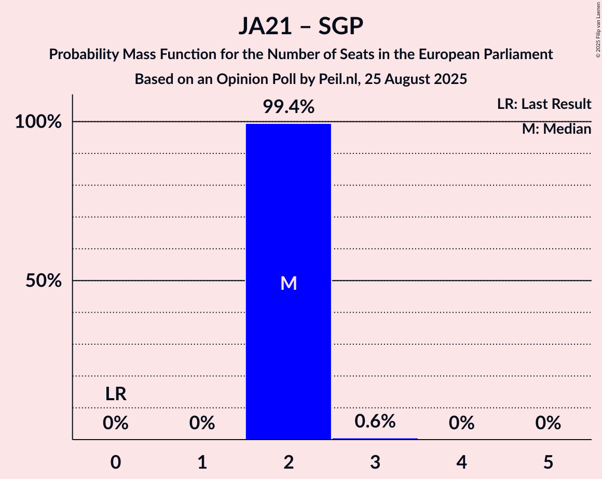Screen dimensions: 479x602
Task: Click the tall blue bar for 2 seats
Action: pyautogui.click(x=288, y=207)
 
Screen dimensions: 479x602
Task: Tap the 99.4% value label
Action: pyautogui.click(x=288, y=107)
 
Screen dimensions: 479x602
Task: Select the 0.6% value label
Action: pyautogui.click(x=375, y=421)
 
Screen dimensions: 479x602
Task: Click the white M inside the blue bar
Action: pyautogui.click(x=288, y=283)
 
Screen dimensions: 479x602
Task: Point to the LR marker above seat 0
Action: pyautogui.click(x=116, y=395)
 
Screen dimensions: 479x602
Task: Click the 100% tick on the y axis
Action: pyautogui.click(x=38, y=122)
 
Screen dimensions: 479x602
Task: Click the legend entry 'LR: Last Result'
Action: pyautogui.click(x=544, y=104)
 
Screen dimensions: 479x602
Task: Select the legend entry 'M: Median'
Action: pyautogui.click(x=556, y=129)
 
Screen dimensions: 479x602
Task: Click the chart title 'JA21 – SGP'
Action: pyautogui.click(x=301, y=26)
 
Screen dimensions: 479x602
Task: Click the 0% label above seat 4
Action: pyautogui.click(x=461, y=424)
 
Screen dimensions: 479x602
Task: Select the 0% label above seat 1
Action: pyautogui.click(x=202, y=424)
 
